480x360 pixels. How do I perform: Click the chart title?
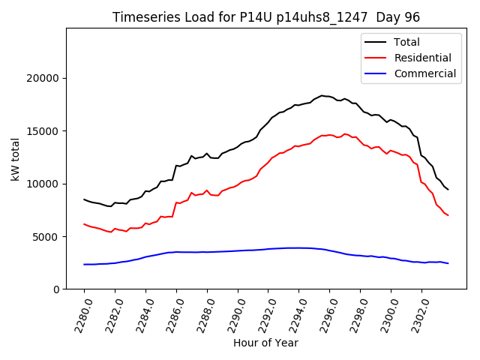(x=265, y=17)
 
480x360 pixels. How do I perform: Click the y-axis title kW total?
(x=16, y=158)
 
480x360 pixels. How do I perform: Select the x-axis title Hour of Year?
(x=265, y=343)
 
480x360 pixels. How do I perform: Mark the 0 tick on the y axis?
(x=56, y=289)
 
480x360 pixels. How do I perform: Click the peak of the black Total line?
(x=322, y=95)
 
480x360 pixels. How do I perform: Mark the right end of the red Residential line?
(x=448, y=215)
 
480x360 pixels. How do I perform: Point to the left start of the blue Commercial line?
(x=84, y=264)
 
